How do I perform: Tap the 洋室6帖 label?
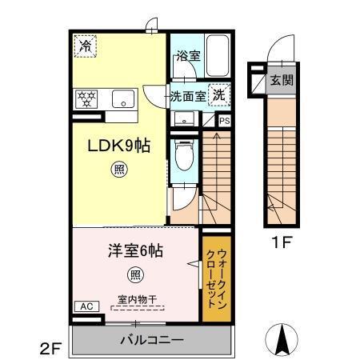click(135, 250)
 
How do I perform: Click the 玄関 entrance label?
click(280, 79)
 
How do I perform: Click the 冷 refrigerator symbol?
click(84, 47)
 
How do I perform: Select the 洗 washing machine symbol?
click(218, 94)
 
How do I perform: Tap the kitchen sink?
click(123, 99)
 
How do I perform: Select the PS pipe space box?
click(224, 121)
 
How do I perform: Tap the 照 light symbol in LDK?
click(118, 170)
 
